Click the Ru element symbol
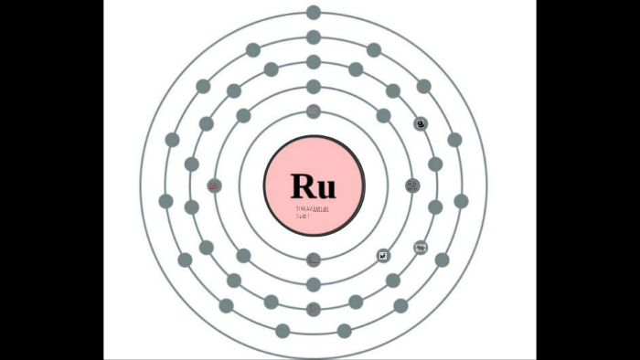314,185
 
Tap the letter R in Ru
303,185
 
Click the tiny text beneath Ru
311,212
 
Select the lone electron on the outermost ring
314,13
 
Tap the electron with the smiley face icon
421,123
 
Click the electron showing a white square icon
384,256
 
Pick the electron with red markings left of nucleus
215,186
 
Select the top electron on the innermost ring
314,111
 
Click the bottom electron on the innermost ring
314,259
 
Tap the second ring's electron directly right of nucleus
412,186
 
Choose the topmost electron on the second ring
314,87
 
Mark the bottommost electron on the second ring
314,284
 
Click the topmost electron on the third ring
314,62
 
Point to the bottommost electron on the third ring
314,309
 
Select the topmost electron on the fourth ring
314,37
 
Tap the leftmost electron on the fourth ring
165,201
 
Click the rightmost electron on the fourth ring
462,201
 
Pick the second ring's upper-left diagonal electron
243,116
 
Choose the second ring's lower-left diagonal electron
243,256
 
